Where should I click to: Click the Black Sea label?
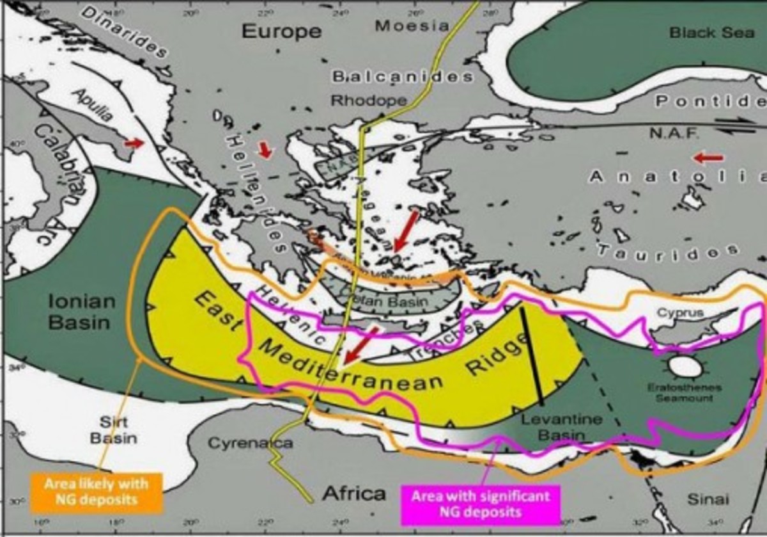click(x=711, y=32)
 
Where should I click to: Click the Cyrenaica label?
click(x=251, y=443)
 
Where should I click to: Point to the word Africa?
click(x=354, y=493)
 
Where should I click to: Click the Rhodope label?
click(x=369, y=100)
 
